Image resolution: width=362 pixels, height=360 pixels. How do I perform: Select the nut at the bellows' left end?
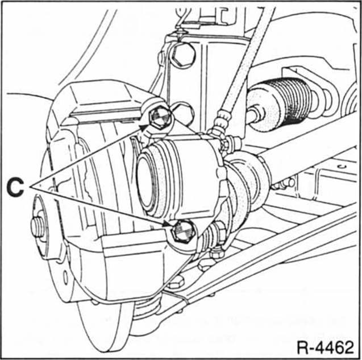click(x=255, y=114)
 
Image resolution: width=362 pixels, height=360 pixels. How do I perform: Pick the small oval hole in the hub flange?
click(x=65, y=277)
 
